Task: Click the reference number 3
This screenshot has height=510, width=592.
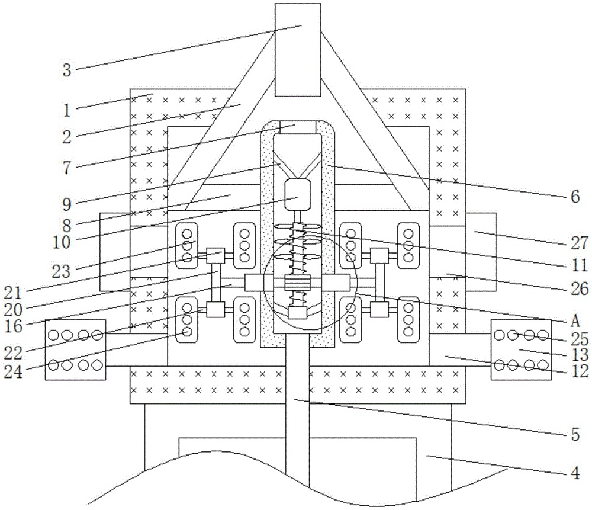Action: [x=67, y=70]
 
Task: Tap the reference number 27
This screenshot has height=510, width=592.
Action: [x=579, y=242]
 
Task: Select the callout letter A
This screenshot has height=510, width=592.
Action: [x=575, y=320]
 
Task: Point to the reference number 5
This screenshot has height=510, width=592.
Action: [x=575, y=435]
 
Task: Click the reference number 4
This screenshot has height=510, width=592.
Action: [x=575, y=473]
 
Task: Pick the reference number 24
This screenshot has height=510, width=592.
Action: [x=13, y=372]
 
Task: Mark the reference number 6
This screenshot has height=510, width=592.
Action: [x=575, y=197]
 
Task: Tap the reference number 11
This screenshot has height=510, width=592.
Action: [x=579, y=266]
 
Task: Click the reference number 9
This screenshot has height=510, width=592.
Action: [x=67, y=204]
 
